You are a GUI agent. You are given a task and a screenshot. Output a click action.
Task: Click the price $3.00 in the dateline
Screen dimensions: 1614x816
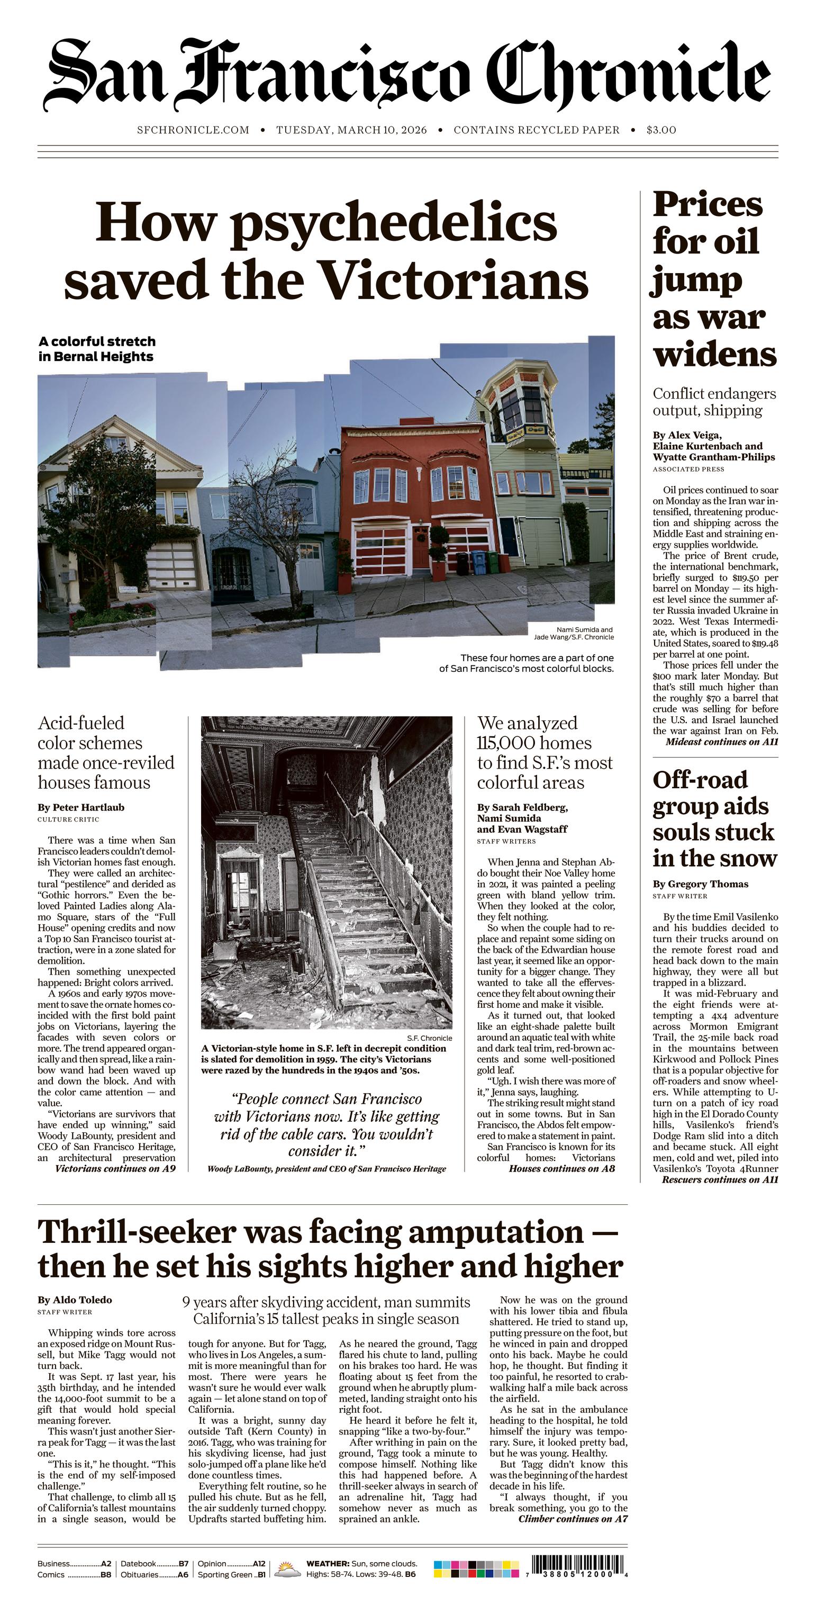click(661, 130)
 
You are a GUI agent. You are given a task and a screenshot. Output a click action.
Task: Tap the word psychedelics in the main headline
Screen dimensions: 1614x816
click(395, 224)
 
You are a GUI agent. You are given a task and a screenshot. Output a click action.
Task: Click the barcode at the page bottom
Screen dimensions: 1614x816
click(578, 1565)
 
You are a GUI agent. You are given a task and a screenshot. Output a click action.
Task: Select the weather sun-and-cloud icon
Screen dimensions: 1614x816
click(287, 1569)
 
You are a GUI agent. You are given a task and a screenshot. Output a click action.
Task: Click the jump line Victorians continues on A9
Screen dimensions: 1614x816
click(115, 1168)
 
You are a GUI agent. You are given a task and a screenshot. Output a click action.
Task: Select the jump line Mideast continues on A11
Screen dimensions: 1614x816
click(721, 742)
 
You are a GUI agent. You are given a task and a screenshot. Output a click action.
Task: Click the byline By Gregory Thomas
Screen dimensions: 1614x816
click(700, 884)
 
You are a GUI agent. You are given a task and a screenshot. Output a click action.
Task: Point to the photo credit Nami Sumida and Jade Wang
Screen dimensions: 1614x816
click(574, 633)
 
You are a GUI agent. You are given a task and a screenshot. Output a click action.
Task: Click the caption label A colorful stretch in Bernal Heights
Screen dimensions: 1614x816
click(96, 349)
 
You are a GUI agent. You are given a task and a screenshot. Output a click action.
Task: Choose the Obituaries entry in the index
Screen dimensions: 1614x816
click(154, 1574)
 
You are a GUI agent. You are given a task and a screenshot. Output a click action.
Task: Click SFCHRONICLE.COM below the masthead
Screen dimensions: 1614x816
click(193, 130)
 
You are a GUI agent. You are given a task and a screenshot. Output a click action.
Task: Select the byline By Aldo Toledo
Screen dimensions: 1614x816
click(75, 1300)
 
